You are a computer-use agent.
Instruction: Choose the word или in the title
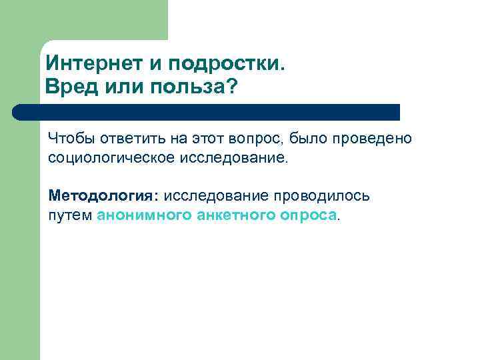coord(125,87)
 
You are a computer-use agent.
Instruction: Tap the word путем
coord(69,215)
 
